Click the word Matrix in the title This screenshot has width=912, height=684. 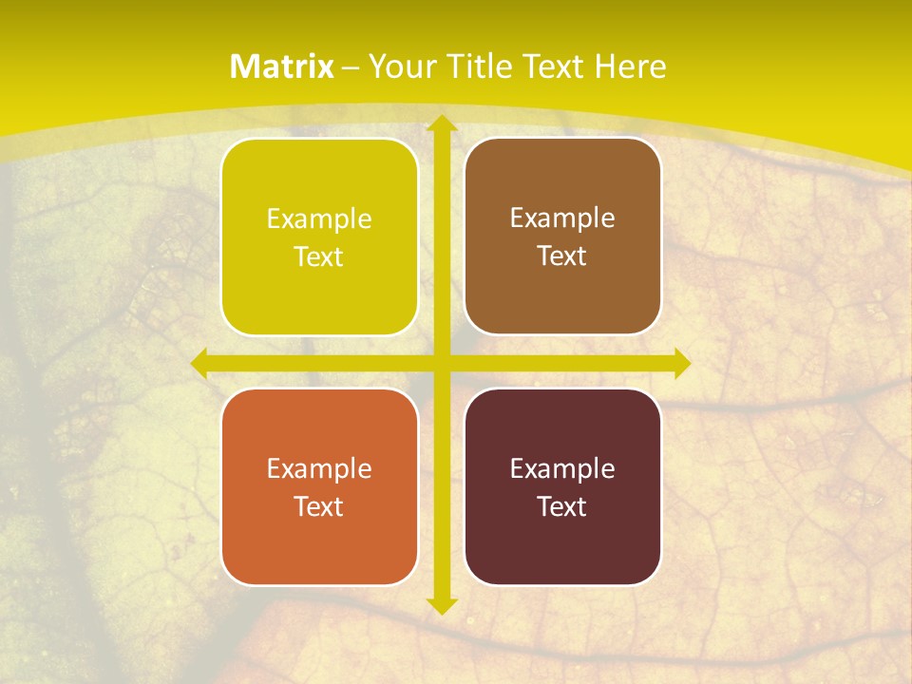pos(282,66)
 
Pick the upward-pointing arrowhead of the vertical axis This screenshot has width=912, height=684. pos(441,124)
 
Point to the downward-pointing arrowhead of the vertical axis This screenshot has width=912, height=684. pos(441,604)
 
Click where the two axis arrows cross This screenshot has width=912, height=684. pos(441,363)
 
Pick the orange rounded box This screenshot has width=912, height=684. pos(319,541)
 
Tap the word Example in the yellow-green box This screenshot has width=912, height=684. pos(319,219)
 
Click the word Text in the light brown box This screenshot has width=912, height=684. pos(562,256)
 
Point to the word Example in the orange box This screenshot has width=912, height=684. pos(319,469)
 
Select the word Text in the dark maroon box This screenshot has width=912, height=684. pos(562,506)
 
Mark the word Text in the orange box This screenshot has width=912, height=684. pos(319,506)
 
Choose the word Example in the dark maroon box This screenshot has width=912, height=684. pos(562,469)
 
